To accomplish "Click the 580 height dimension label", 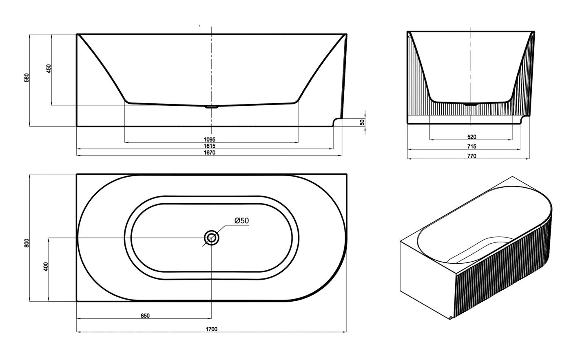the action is pos(27,78).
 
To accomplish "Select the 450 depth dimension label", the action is pos(49,69).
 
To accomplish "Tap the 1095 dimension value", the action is pos(210,139).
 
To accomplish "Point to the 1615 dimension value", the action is pos(210,146).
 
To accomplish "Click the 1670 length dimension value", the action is pos(210,153).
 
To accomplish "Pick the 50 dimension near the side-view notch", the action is pos(362,122).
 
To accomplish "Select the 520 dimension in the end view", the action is pos(471,137).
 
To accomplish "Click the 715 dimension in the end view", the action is pos(471,147).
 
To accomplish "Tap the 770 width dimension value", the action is pos(471,156).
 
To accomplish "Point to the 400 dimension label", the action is pos(46,267).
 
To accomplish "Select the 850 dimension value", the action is pos(145,316).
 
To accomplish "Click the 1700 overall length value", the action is pos(212,329).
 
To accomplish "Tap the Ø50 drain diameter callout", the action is pos(241,221).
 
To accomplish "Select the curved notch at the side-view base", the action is pos(337,121).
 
